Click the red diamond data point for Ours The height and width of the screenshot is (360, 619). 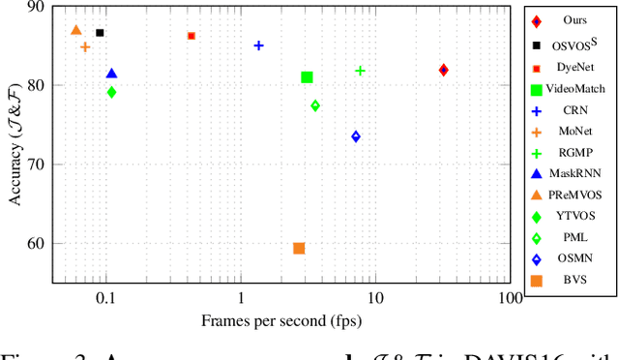coord(443,70)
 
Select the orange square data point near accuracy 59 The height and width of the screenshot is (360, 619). coord(299,249)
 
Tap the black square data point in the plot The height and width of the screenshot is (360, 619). coord(100,33)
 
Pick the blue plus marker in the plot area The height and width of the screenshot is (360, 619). coord(258,45)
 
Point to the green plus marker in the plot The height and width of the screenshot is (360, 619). coord(360,71)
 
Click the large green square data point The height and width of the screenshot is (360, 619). coord(307,77)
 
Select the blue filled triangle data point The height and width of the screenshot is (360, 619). coord(111,74)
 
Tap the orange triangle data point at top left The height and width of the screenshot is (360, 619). coord(76,30)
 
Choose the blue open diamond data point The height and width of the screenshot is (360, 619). coord(356,136)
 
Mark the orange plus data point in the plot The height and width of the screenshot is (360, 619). coord(85,46)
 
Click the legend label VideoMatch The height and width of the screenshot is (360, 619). coord(575,88)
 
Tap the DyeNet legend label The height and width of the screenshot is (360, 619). coord(575,67)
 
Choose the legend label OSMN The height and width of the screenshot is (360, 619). coord(575,258)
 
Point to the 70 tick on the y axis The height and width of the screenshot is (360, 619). coord(37,165)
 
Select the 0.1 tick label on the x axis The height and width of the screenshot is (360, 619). coord(104,299)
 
